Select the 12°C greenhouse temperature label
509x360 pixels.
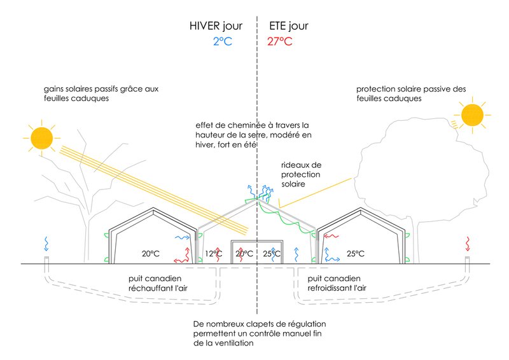coord(214,254)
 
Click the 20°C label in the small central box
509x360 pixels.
coord(244,254)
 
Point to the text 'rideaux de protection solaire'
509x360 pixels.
coord(302,174)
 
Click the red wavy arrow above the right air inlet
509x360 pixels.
coord(468,243)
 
